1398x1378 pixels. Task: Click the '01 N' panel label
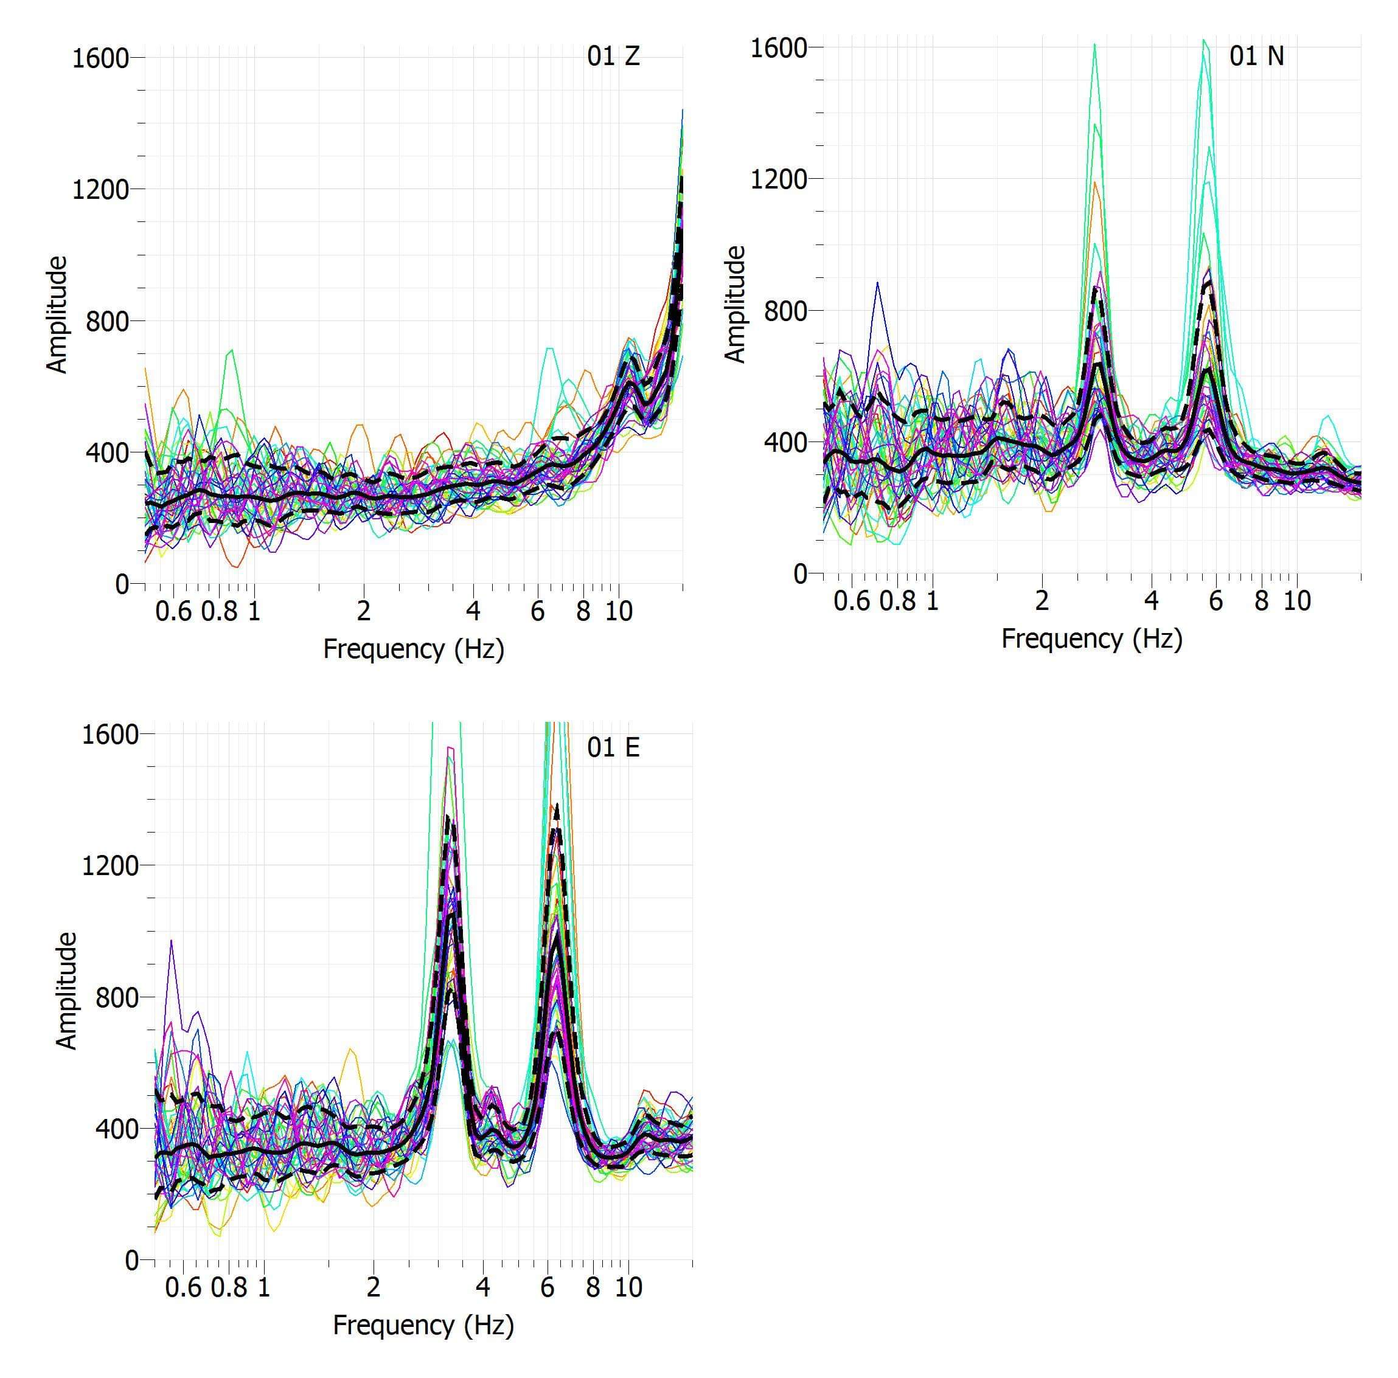[1256, 57]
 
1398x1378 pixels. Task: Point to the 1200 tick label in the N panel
[779, 179]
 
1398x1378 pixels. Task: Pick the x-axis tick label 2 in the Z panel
[363, 612]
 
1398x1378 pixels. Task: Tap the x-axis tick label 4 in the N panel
[1150, 601]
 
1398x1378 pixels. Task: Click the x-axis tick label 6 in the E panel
[547, 1287]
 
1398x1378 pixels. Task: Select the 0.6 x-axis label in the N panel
[852, 601]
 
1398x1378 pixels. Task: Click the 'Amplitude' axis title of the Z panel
[57, 314]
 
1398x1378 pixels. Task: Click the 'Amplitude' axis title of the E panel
[66, 991]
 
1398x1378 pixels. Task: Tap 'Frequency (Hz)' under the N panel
[1091, 639]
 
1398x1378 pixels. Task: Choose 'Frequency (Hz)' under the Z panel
[413, 649]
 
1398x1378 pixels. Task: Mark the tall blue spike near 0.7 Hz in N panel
[878, 283]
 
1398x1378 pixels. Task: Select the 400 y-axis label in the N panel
[786, 442]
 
